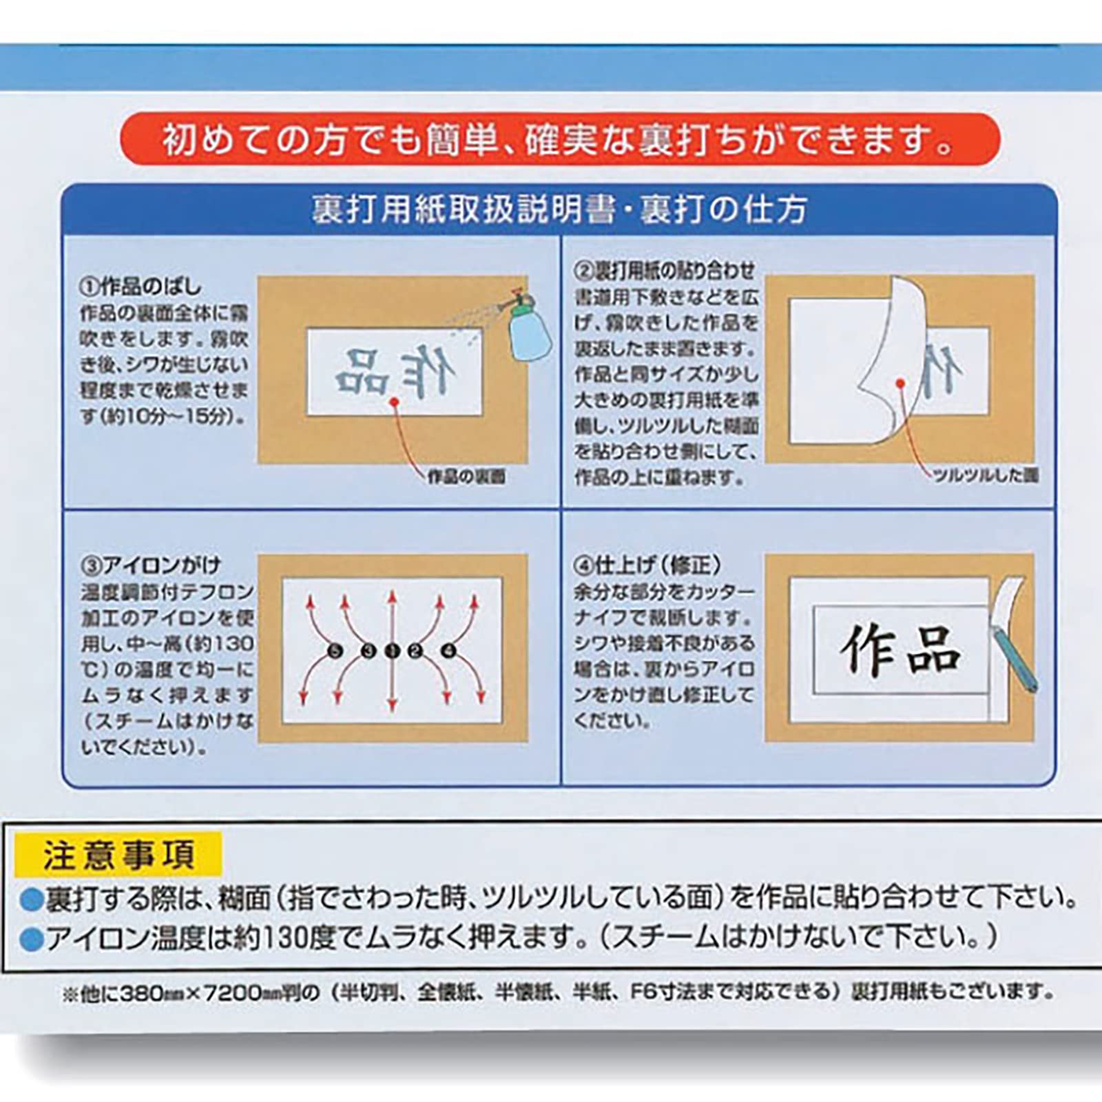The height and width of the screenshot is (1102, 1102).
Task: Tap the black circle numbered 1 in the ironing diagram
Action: coord(392,650)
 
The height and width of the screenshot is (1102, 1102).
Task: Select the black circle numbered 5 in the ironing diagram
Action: coord(335,650)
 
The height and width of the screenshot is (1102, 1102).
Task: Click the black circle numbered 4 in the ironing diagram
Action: coord(448,650)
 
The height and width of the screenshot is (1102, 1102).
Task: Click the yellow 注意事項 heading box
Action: coord(118,855)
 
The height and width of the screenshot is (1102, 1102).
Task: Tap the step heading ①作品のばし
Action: coord(141,286)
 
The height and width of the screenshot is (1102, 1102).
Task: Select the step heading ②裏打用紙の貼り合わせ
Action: coord(665,270)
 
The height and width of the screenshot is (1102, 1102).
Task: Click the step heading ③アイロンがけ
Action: coord(151,565)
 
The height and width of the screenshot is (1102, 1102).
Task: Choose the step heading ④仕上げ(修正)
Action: coord(648,565)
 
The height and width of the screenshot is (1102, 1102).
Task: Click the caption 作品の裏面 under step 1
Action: coord(466,477)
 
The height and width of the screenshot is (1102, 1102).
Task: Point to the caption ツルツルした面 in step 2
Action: coord(985,475)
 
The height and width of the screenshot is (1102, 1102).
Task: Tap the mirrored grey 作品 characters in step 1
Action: coord(395,373)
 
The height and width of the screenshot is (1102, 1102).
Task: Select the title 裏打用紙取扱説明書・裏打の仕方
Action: coord(559,209)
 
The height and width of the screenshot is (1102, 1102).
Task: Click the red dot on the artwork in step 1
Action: coord(393,400)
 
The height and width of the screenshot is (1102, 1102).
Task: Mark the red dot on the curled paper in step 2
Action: coord(899,383)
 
